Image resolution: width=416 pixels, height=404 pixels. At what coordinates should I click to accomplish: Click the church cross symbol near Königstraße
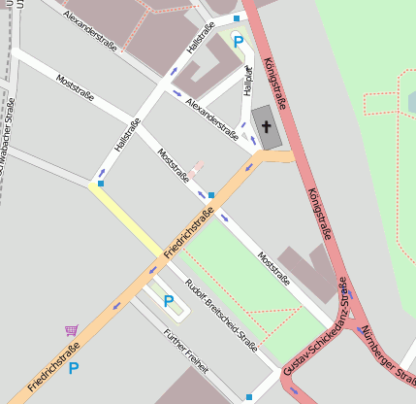click(x=267, y=126)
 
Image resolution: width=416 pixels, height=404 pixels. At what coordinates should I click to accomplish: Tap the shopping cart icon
click(x=72, y=331)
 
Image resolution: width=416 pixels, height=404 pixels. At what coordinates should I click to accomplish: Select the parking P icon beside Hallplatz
click(x=238, y=42)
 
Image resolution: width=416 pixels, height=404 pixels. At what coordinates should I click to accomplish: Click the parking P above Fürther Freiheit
click(x=169, y=301)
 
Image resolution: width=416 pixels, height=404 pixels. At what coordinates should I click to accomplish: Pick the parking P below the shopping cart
click(x=73, y=368)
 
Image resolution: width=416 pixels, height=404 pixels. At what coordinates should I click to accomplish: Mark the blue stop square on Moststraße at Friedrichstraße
click(x=211, y=195)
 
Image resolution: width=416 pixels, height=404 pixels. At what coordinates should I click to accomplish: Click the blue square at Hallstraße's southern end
click(x=101, y=182)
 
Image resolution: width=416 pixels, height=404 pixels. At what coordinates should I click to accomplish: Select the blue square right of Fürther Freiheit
click(x=249, y=396)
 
